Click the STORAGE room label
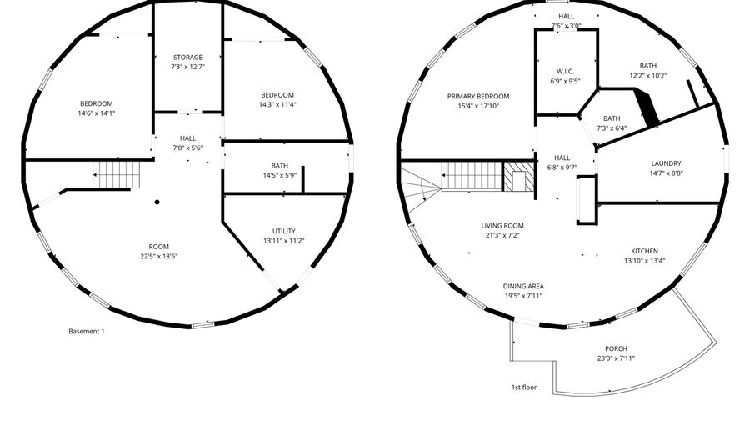pos(187,58)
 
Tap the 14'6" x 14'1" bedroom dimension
pos(97,113)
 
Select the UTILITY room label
pos(283,231)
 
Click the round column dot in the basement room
pos(157,203)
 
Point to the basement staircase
pos(117,174)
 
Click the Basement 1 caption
pos(86,331)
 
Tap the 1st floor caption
pos(524,388)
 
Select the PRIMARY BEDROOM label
pos(478,96)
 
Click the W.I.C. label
pos(565,71)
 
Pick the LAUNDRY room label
pos(666,163)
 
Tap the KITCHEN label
pos(644,251)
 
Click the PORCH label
pos(616,348)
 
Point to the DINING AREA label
pos(523,287)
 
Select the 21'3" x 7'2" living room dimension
pos(502,235)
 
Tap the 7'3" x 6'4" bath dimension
pos(612,128)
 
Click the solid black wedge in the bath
pos(646,108)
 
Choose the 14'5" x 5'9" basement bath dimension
pos(280,176)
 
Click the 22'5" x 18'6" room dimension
pos(159,257)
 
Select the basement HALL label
pos(187,138)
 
